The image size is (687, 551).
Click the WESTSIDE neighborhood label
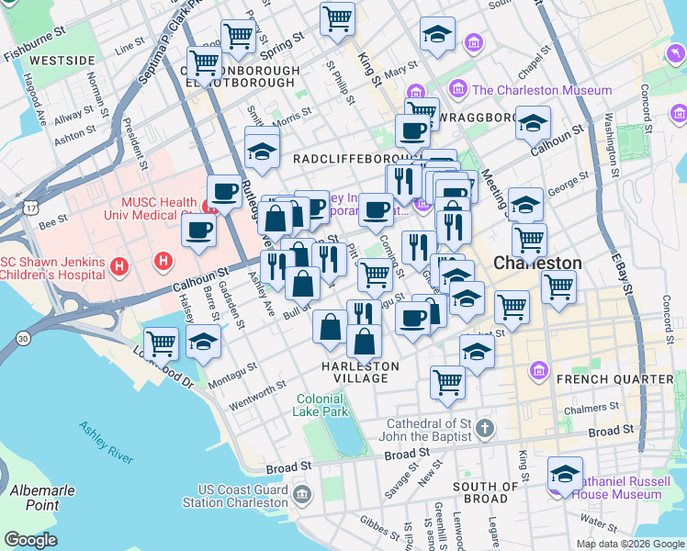tap(62, 61)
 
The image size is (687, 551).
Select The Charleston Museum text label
tap(541, 90)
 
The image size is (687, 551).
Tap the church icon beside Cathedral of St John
tap(485, 429)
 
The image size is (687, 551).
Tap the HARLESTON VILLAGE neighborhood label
tap(360, 372)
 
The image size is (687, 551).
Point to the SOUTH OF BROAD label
tap(485, 492)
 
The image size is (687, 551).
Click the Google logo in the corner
tap(31, 540)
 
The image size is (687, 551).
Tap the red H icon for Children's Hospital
tap(118, 267)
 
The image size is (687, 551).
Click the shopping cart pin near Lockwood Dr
tap(162, 343)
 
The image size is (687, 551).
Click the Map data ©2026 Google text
tap(630, 543)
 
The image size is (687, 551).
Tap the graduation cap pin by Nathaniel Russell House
tap(565, 474)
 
